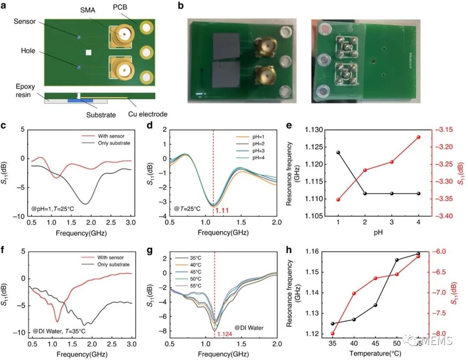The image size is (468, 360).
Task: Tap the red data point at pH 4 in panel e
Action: click(x=419, y=137)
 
